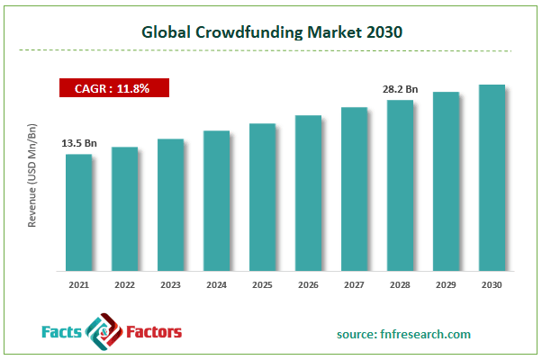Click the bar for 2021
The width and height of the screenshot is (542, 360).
(x=78, y=211)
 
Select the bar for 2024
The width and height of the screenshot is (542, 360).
(x=216, y=200)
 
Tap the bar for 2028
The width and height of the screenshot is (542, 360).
(x=400, y=184)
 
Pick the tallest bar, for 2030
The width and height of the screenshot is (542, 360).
(x=492, y=177)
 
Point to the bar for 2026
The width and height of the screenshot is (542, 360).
(x=308, y=193)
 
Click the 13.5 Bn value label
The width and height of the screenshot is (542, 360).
(x=78, y=142)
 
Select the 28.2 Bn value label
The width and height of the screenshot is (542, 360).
(x=400, y=89)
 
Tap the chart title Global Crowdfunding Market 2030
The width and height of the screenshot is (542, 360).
(x=271, y=31)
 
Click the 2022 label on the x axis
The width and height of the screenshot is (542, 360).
(x=124, y=284)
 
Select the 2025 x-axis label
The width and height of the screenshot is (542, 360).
(x=262, y=284)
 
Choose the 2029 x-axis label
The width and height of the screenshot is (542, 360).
(x=446, y=284)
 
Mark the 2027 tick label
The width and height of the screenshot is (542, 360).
(x=354, y=284)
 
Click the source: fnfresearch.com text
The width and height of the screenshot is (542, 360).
(x=404, y=334)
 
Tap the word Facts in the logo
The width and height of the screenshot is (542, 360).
(x=64, y=333)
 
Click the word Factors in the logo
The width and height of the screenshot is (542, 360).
(x=151, y=333)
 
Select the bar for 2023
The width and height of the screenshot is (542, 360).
(x=170, y=204)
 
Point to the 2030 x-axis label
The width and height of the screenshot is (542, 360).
(x=492, y=284)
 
